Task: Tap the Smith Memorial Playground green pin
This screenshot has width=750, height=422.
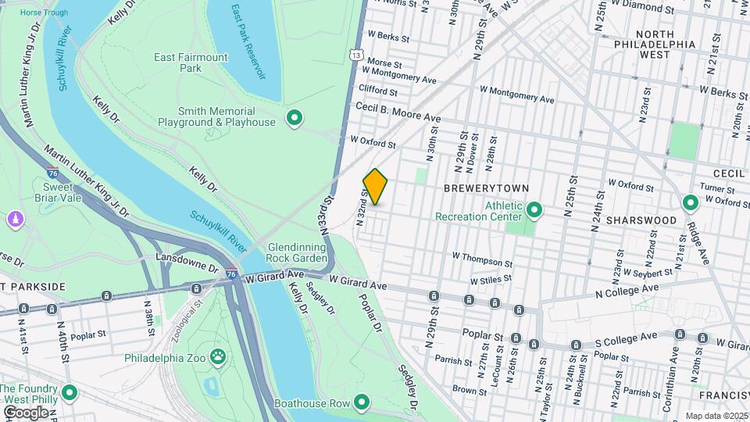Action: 295,118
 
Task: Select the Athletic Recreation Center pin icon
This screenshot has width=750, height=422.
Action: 534,209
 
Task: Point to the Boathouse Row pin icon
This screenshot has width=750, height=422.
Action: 361,402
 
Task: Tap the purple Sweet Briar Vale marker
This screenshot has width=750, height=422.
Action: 14,220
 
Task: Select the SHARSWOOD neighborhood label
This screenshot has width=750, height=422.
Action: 645,220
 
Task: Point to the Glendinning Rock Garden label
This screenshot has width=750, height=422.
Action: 297,252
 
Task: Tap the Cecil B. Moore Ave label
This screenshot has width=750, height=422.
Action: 398,113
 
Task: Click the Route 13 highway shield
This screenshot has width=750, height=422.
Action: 356,55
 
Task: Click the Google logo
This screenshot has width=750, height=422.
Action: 26,412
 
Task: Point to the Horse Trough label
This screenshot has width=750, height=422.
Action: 44,13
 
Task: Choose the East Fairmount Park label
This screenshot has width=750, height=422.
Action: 191,63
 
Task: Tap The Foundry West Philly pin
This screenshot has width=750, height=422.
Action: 70,392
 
